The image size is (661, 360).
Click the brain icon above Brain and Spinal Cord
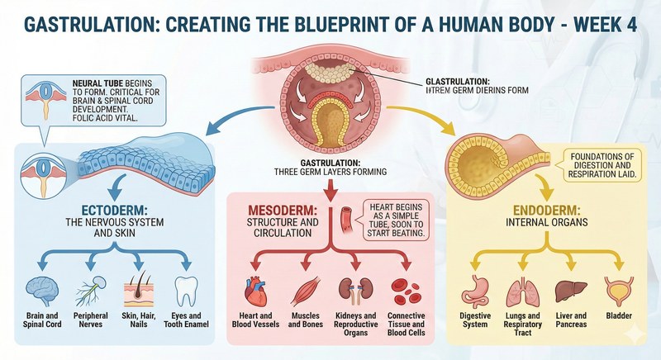[41, 290]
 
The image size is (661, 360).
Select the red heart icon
[254, 292]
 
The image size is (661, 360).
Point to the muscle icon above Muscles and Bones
[306, 292]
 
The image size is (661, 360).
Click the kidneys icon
[355, 292]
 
